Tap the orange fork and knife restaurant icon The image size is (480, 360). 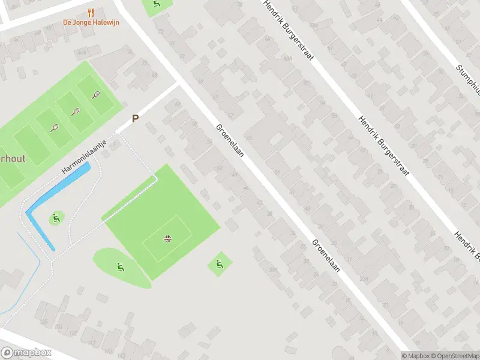91,12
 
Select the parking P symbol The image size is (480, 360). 135,119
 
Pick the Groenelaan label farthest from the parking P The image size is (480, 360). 326,256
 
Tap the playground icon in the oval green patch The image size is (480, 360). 120,266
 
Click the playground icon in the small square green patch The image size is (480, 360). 218,263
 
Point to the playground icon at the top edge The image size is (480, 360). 157,5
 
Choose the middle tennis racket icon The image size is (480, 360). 76,111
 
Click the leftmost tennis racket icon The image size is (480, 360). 55,127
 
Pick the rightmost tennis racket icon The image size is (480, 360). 96,94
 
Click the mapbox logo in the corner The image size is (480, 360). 26,353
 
